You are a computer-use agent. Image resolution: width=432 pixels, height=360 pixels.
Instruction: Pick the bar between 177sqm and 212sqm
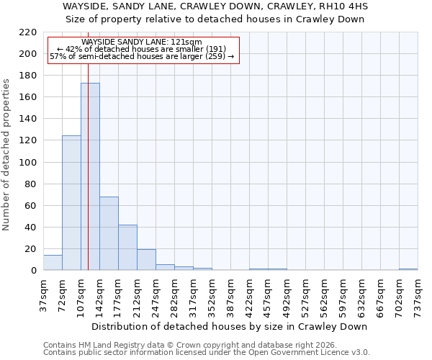coord(127,248)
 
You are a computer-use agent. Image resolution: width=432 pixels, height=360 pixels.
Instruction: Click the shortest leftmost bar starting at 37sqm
coord(53,263)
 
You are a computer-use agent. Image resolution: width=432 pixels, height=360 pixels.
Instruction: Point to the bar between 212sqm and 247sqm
coord(146,260)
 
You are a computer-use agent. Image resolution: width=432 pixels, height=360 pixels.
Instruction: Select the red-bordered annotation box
coord(143,50)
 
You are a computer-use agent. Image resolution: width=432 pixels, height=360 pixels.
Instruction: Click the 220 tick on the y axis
coord(29,32)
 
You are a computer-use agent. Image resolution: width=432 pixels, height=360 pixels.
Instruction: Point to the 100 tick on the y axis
coord(29,163)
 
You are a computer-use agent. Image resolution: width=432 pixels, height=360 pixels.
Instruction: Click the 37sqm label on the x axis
coord(44,294)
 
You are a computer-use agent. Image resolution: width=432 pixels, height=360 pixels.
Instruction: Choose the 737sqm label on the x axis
coord(418,294)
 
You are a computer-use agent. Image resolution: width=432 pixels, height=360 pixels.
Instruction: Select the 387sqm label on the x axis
coord(231,294)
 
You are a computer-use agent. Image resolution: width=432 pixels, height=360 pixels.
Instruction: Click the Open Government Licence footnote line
coord(207,353)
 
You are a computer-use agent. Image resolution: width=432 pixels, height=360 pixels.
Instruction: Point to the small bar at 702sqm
coord(408,269)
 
